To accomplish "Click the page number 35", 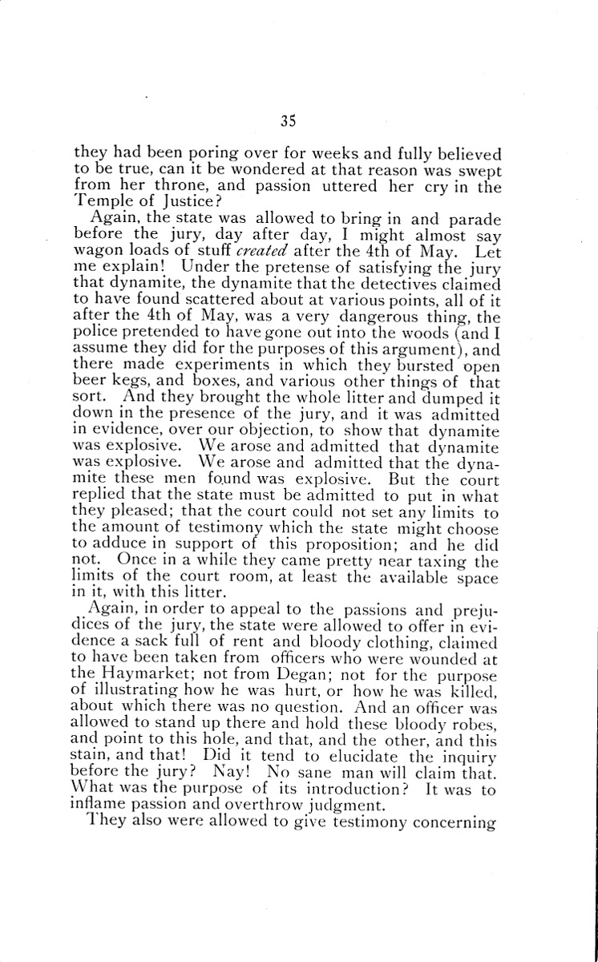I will [x=289, y=121].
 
